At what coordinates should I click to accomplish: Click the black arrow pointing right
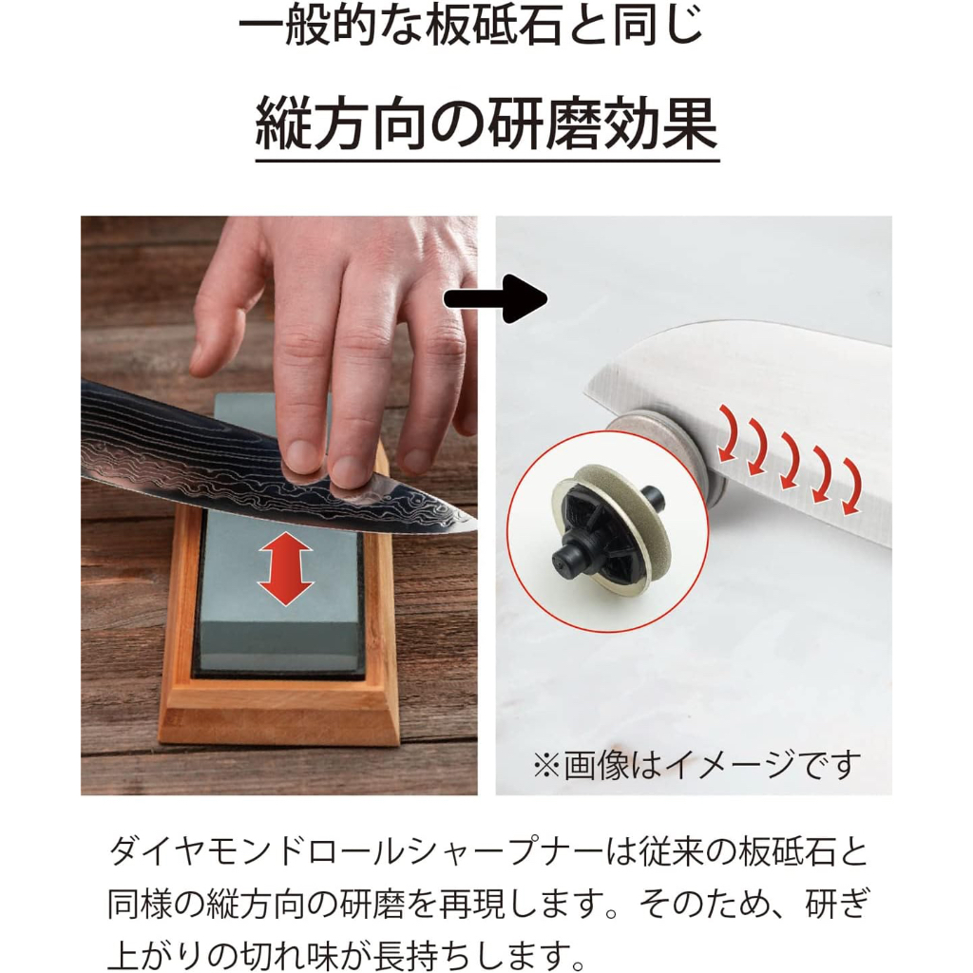[x=495, y=299]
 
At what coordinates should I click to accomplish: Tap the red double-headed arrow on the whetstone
[x=285, y=570]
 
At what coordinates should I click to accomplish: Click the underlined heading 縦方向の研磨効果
[x=486, y=123]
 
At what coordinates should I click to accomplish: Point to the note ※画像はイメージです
[x=696, y=765]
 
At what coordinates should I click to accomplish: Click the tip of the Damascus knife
[x=476, y=519]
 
